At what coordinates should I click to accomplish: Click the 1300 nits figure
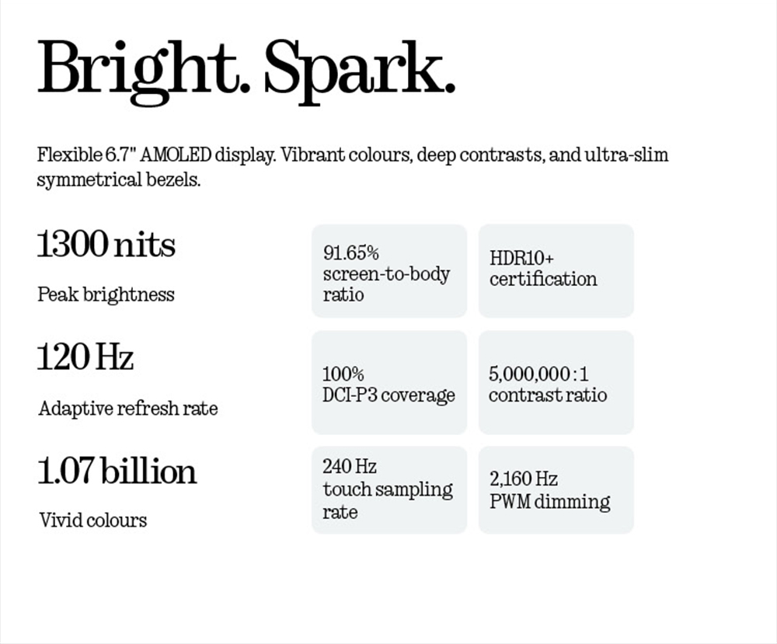click(106, 245)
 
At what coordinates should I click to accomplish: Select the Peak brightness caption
click(106, 294)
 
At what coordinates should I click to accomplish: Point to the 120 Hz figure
click(85, 357)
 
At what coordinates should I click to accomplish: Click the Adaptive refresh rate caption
click(128, 408)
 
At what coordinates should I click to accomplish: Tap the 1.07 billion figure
click(117, 472)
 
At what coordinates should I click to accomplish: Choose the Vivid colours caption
click(92, 520)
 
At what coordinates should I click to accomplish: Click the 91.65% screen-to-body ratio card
click(389, 271)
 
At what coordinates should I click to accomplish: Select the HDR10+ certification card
click(556, 271)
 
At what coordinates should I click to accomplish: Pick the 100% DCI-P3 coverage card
click(389, 383)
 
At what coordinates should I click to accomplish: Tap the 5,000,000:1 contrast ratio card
click(556, 383)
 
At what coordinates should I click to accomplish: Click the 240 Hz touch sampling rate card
click(389, 489)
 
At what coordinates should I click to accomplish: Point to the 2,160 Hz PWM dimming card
click(556, 489)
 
